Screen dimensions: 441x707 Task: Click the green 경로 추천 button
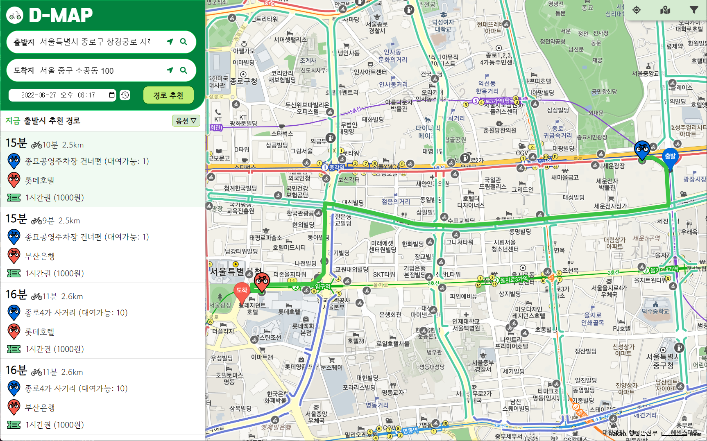click(168, 95)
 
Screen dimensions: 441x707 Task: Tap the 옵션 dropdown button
click(186, 121)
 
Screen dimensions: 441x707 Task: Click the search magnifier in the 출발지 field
click(184, 42)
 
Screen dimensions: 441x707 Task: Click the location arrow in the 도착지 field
click(170, 70)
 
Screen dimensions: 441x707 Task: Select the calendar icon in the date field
click(112, 95)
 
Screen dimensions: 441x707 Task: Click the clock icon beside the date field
click(125, 95)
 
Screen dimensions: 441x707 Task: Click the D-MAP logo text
click(61, 16)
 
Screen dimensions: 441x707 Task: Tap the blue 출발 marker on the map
click(670, 158)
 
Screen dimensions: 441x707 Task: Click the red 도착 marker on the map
click(242, 291)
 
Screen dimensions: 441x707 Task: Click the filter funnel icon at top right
click(694, 10)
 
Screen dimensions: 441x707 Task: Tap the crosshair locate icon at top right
click(637, 10)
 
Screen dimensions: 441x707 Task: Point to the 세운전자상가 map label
click(610, 206)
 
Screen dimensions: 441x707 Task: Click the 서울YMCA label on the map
click(386, 166)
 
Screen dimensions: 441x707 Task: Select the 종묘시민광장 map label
click(592, 137)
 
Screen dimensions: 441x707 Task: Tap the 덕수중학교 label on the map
click(655, 311)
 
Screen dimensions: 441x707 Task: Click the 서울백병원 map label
click(466, 328)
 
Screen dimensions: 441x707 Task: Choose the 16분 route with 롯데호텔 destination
click(102, 321)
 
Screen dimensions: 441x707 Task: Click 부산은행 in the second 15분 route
click(40, 256)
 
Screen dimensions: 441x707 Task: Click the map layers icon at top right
click(665, 10)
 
